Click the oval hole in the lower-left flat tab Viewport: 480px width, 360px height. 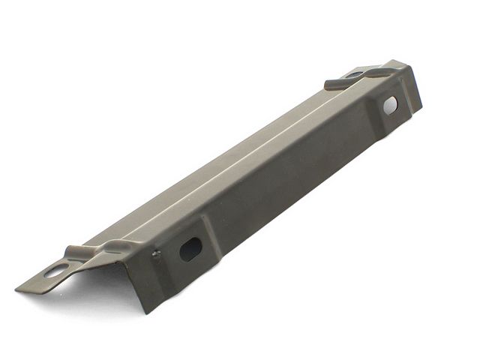coord(55,271)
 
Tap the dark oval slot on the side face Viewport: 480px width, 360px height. coord(190,248)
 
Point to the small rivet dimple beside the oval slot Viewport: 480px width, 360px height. coord(156,254)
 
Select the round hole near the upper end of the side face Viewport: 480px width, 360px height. coord(391,105)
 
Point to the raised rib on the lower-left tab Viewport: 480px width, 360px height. coord(79,252)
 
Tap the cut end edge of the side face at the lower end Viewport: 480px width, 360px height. coord(139,277)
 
